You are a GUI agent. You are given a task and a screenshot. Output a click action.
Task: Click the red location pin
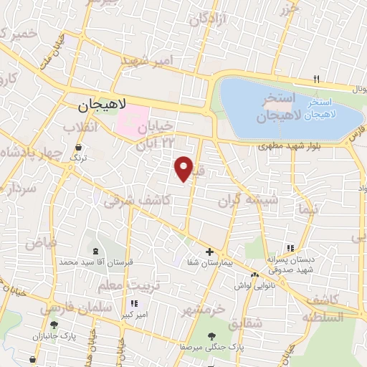[184, 168]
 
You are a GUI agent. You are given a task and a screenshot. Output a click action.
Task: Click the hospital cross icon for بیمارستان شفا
[209, 252]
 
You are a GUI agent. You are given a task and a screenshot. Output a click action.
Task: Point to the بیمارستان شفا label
[209, 264]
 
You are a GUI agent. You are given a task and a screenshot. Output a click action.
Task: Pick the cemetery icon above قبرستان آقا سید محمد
[95, 251]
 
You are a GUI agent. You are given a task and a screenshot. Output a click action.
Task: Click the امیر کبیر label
[132, 314]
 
